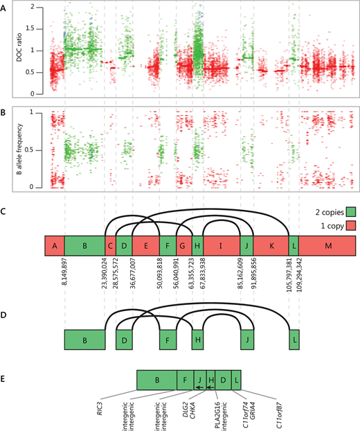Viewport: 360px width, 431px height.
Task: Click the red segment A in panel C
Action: coord(53,245)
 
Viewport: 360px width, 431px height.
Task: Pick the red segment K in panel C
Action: coord(271,245)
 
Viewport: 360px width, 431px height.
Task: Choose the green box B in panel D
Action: coord(84,340)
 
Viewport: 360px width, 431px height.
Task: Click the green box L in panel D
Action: coord(294,340)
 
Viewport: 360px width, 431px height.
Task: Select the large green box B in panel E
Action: coord(156,379)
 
